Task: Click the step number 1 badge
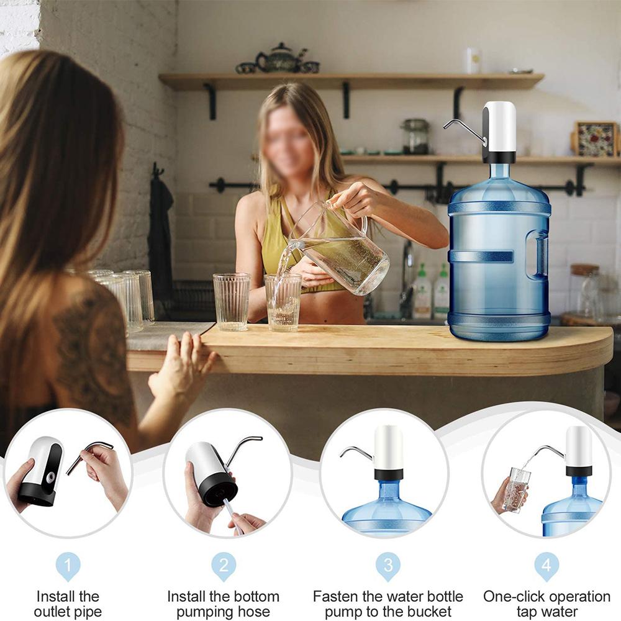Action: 68,566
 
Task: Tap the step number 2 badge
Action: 224,566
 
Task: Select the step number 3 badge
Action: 388,566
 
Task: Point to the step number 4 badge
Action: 546,566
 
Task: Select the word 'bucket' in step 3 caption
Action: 430,612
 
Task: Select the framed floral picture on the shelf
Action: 596,138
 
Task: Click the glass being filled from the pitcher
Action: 283,303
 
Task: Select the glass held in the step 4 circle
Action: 517,489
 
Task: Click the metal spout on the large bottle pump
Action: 463,127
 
